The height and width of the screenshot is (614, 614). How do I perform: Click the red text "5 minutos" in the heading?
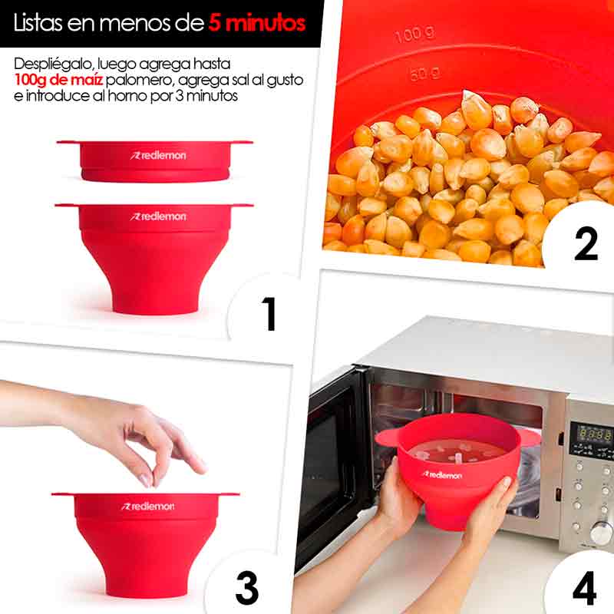(x=256, y=22)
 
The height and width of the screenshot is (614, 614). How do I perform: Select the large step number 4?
(x=584, y=589)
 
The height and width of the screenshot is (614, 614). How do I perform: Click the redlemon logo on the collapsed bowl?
(x=158, y=155)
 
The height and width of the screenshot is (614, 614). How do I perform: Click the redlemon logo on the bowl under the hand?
(x=147, y=506)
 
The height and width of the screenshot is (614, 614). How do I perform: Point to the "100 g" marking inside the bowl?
(x=414, y=35)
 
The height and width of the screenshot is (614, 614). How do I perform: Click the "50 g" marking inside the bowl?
(x=424, y=74)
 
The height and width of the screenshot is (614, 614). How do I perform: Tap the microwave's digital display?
(x=594, y=434)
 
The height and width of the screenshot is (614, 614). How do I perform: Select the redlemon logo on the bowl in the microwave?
(x=441, y=475)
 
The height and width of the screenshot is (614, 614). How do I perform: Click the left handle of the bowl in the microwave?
(x=387, y=437)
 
